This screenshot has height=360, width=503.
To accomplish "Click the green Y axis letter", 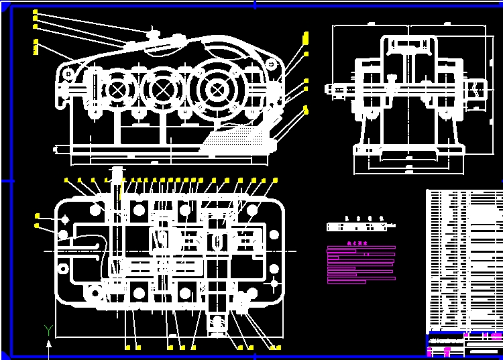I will [48, 329].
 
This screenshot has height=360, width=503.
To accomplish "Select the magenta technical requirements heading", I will [359, 244].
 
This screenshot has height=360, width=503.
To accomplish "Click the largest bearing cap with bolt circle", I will [216, 89].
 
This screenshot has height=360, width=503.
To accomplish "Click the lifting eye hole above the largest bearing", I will [271, 64].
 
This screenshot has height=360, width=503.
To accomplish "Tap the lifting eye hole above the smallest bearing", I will [67, 72].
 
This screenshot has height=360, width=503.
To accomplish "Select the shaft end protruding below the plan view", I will [217, 325].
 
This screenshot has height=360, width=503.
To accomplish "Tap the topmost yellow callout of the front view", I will [35, 13].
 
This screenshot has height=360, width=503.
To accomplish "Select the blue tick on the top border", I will [255, 4].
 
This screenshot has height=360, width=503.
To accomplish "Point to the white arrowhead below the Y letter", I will [48, 344].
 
